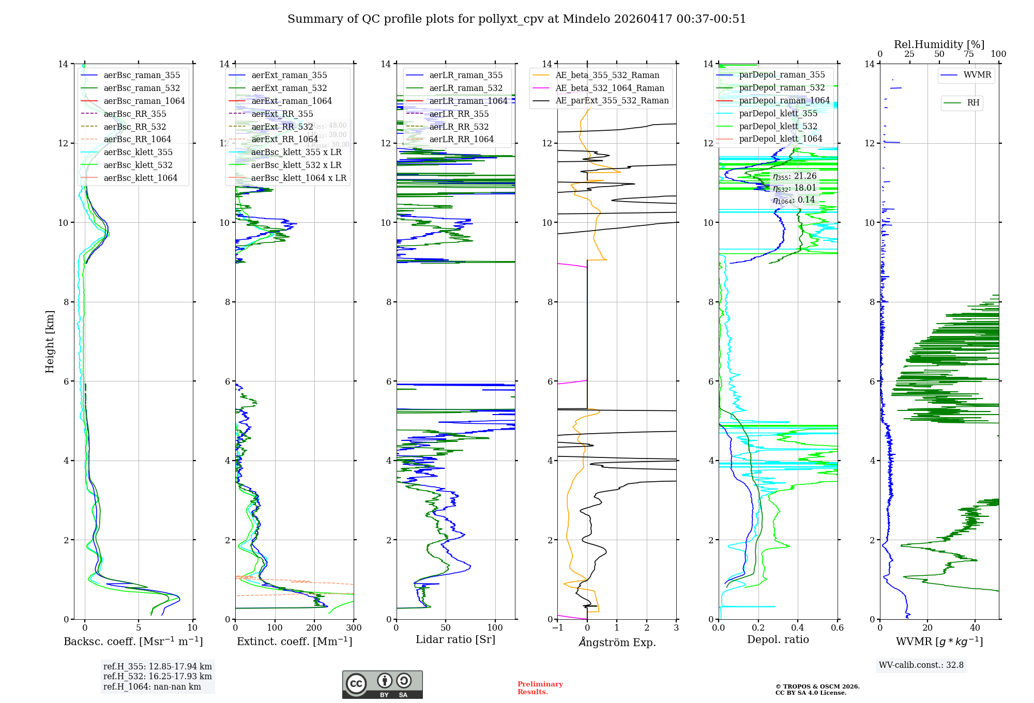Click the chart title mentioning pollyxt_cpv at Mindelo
pyautogui.click(x=516, y=19)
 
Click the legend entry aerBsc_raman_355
pyautogui.click(x=142, y=75)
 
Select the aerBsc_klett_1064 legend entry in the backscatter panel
pyautogui.click(x=140, y=178)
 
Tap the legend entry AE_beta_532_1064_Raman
pyautogui.click(x=610, y=88)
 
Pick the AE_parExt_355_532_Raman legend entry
pyautogui.click(x=612, y=101)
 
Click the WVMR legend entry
pyautogui.click(x=977, y=75)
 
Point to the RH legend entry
pyautogui.click(x=973, y=103)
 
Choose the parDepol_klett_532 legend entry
pyautogui.click(x=778, y=126)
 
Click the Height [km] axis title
pyautogui.click(x=50, y=341)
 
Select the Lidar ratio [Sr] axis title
pyautogui.click(x=455, y=639)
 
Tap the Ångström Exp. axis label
pyautogui.click(x=617, y=642)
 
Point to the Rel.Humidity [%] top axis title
pyautogui.click(x=939, y=44)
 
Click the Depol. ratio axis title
pyautogui.click(x=778, y=639)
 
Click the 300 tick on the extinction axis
pyautogui.click(x=354, y=628)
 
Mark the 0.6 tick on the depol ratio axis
pyautogui.click(x=837, y=628)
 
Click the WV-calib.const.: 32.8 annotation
pyautogui.click(x=921, y=665)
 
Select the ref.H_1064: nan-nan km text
pyautogui.click(x=152, y=686)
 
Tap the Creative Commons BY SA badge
pyautogui.click(x=382, y=684)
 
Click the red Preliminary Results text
pyautogui.click(x=540, y=688)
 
